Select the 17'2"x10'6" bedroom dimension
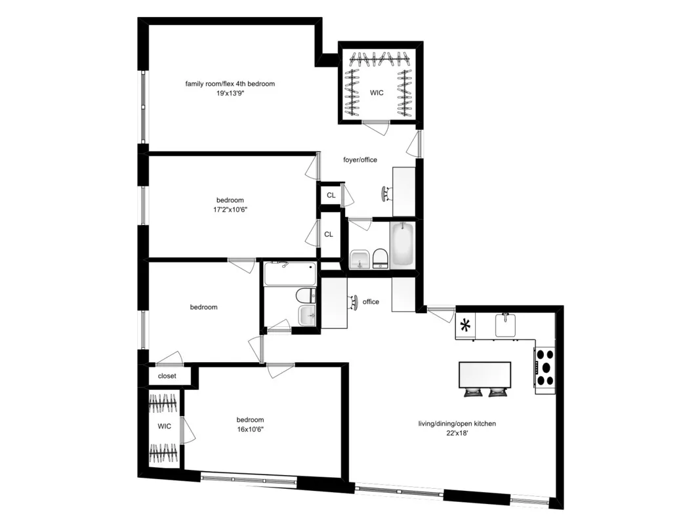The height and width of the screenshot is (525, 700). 230,209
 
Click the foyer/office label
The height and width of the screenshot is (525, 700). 360,159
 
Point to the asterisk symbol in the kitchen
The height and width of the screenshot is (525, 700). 466,325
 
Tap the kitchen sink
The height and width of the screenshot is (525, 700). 506,325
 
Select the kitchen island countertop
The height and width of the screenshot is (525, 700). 485,375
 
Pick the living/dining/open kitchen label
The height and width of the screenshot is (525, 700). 457,424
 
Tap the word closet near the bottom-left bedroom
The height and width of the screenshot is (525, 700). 167,376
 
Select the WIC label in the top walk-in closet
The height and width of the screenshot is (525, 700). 377,93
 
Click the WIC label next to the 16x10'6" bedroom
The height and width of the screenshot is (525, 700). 164,427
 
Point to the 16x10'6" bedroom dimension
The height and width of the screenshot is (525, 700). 250,429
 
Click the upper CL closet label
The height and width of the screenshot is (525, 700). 331,195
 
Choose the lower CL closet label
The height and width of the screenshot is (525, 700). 328,234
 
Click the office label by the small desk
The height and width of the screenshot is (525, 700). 371,302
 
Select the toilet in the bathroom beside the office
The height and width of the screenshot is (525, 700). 305,295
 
